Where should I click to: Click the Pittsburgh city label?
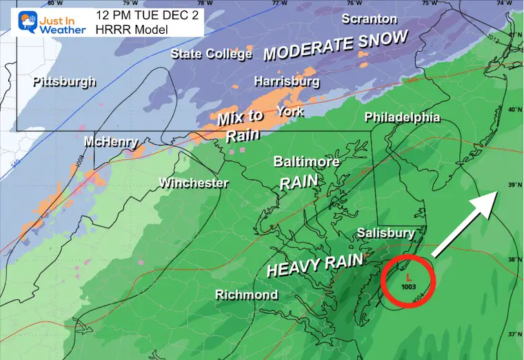(63, 82)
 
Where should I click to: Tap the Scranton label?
(370, 19)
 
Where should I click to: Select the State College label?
(211, 54)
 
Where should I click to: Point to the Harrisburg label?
(287, 82)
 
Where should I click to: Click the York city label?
(290, 110)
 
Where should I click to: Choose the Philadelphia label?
(402, 117)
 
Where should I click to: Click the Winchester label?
(193, 183)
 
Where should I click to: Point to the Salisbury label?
(385, 234)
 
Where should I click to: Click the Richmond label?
(246, 295)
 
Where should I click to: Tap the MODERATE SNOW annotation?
(336, 46)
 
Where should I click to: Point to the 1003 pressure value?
(407, 287)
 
